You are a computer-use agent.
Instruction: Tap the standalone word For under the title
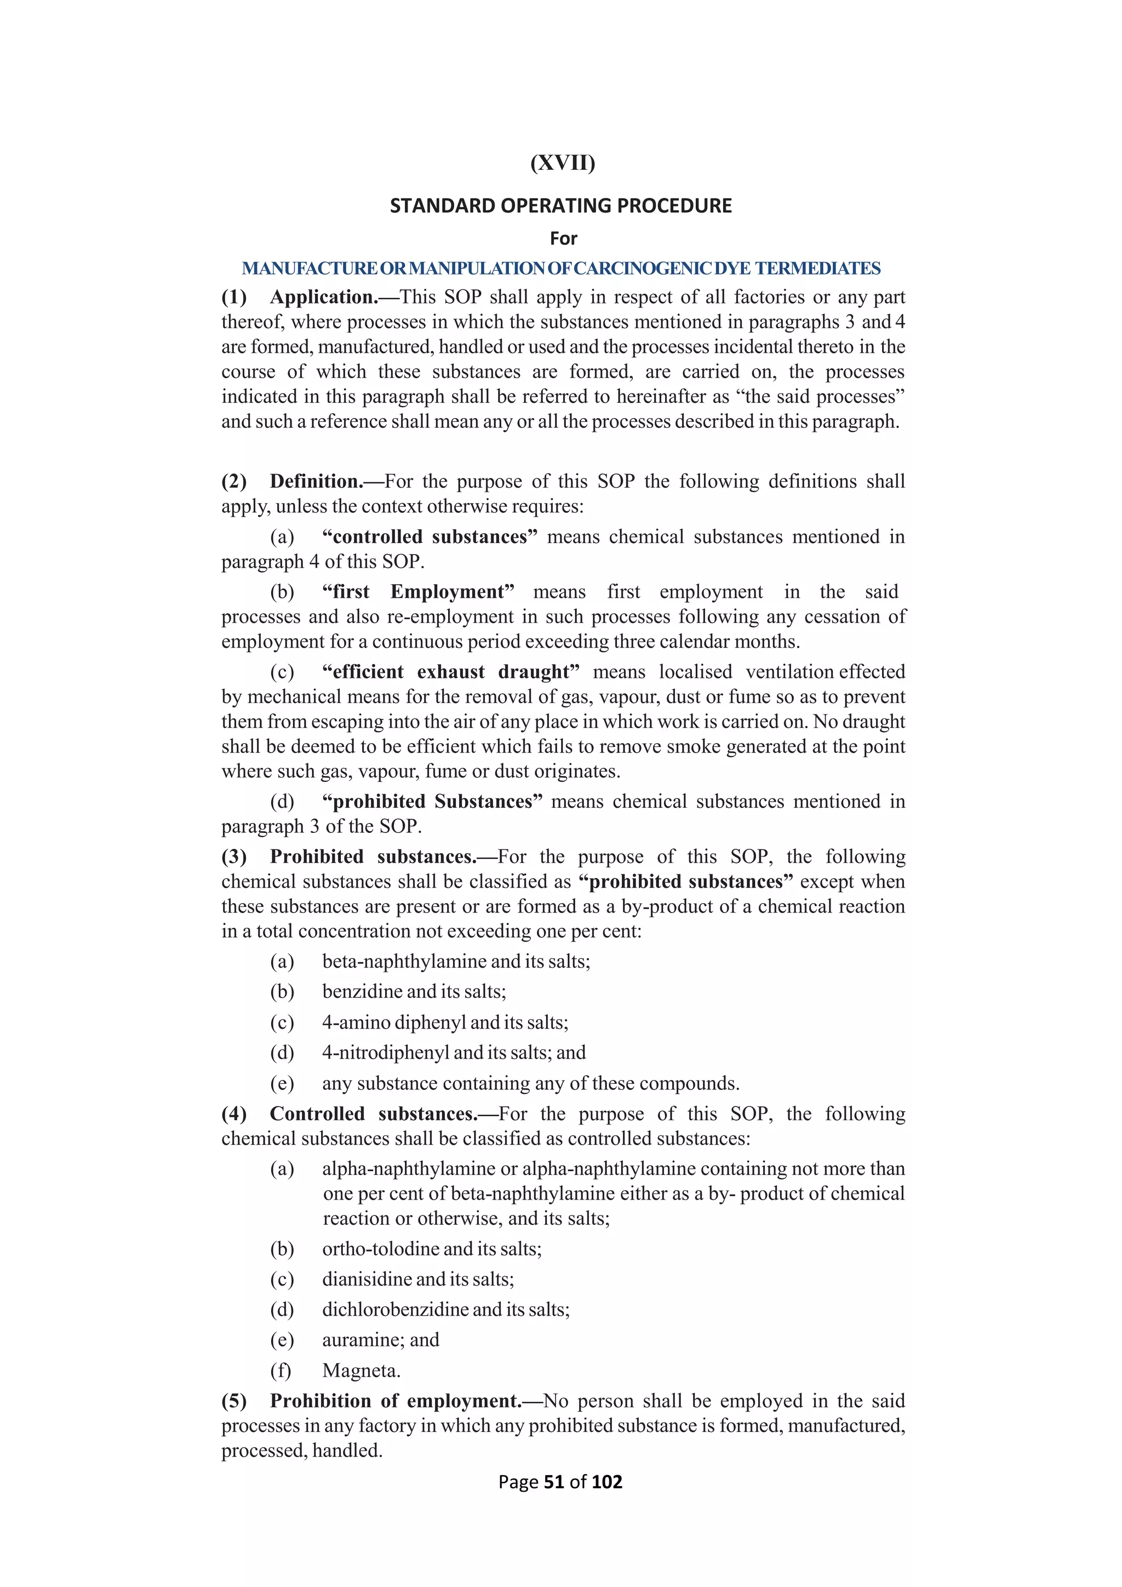click(x=563, y=238)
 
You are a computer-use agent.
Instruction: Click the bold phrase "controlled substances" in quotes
click(x=430, y=537)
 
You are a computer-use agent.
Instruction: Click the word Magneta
click(x=360, y=1371)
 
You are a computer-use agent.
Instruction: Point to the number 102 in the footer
click(x=606, y=1481)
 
